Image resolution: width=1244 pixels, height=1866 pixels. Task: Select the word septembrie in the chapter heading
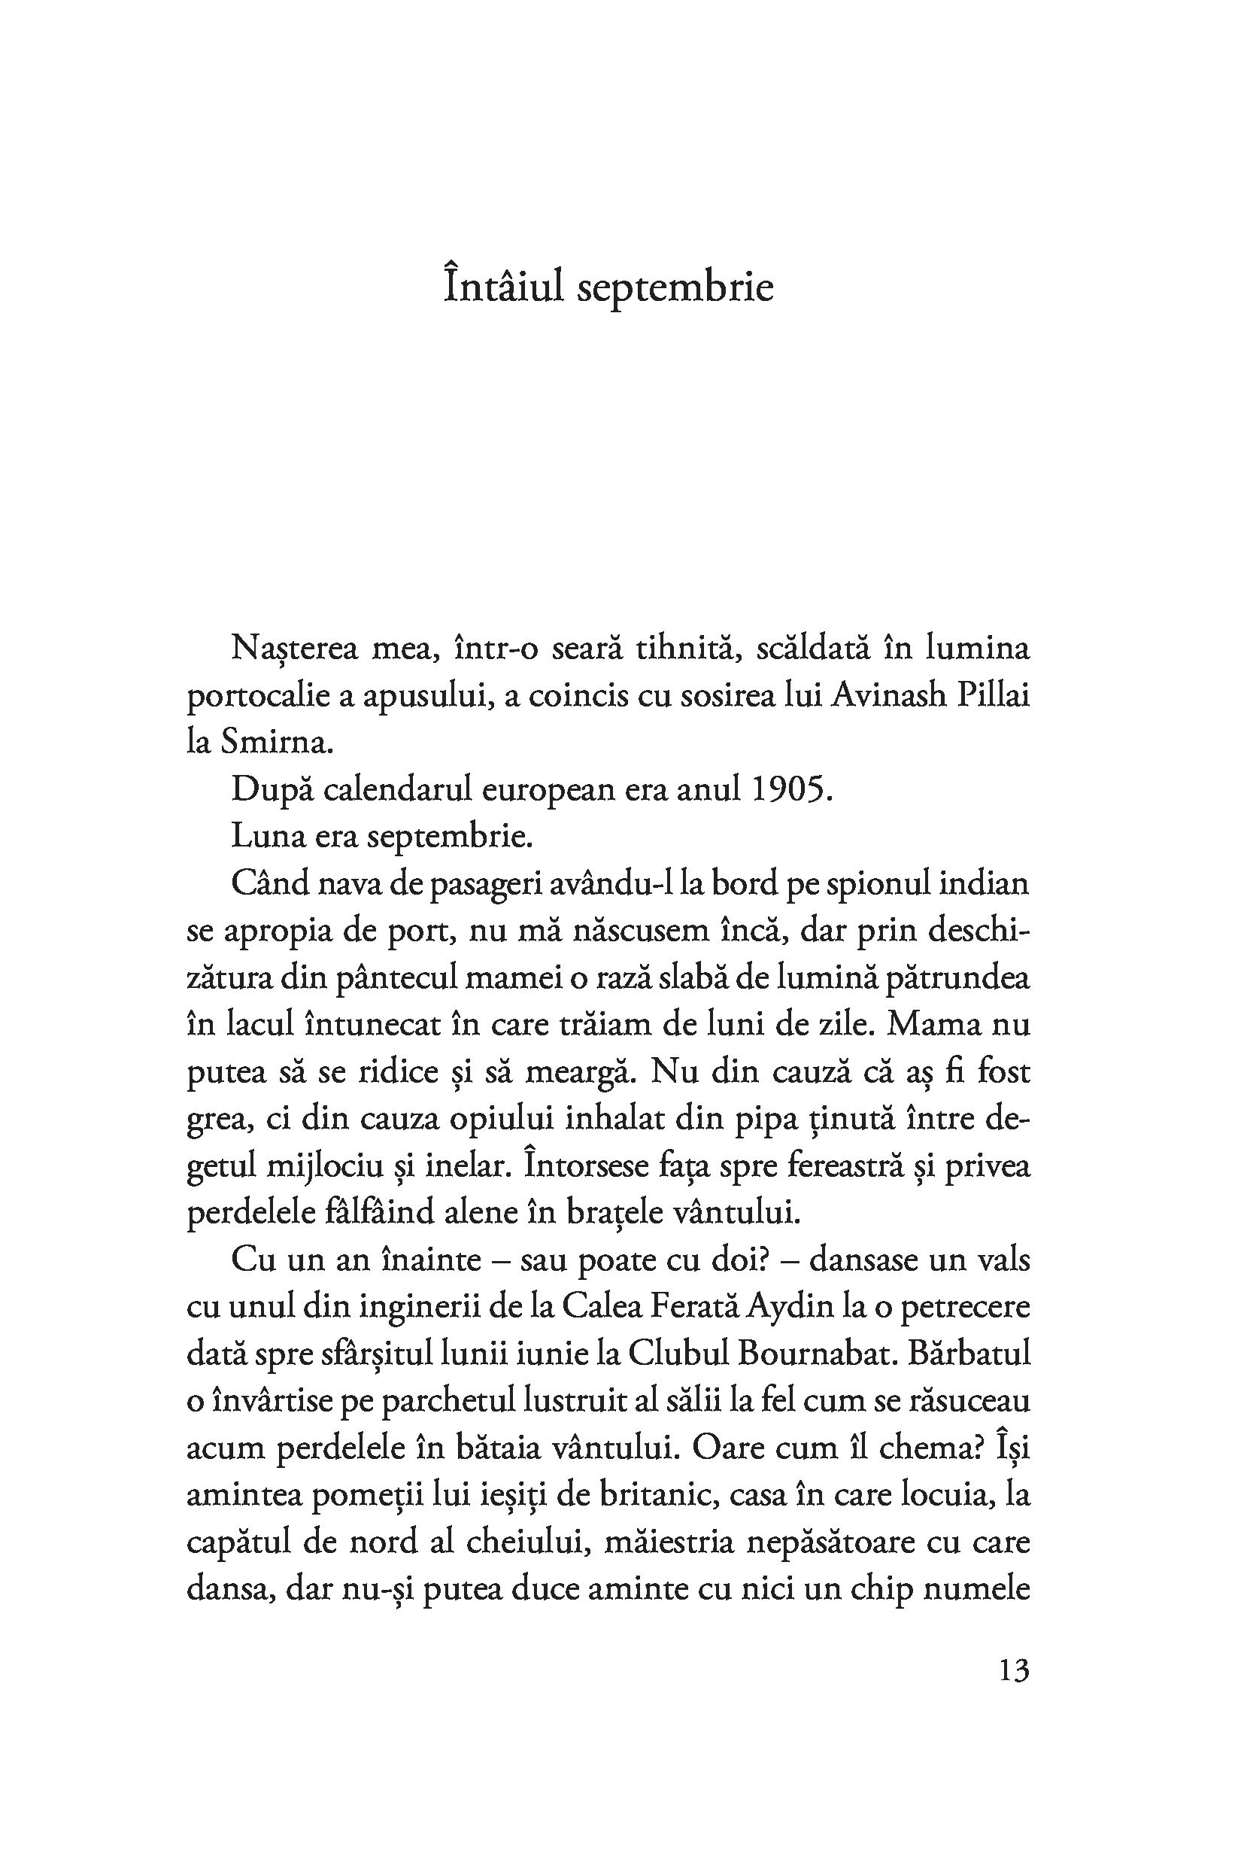675,288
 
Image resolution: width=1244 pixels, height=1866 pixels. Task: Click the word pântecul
396,978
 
